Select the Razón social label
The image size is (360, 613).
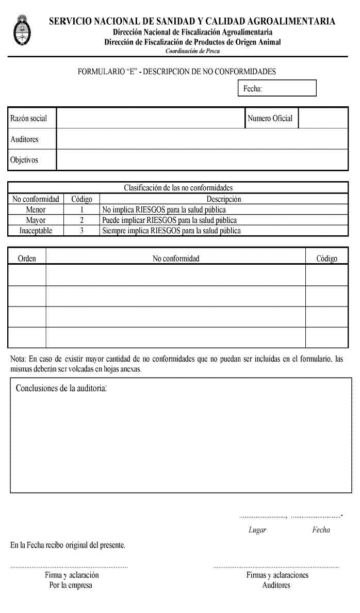29,119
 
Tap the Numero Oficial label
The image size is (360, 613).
270,119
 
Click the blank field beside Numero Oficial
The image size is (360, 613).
323,119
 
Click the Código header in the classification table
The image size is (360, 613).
81,199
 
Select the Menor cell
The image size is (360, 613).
36,210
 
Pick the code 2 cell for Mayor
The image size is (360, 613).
81,220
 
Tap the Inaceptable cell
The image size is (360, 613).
36,231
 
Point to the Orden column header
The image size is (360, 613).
27,259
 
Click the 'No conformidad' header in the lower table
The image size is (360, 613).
176,259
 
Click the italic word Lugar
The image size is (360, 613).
257,530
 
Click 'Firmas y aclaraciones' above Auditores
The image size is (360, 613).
277,575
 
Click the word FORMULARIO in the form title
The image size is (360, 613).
99,72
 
